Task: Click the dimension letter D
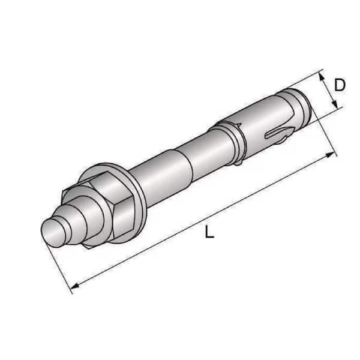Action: coord(340,85)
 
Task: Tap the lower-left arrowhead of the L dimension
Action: coord(74,287)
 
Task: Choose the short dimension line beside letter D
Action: coord(328,91)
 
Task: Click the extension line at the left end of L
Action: coord(60,264)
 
